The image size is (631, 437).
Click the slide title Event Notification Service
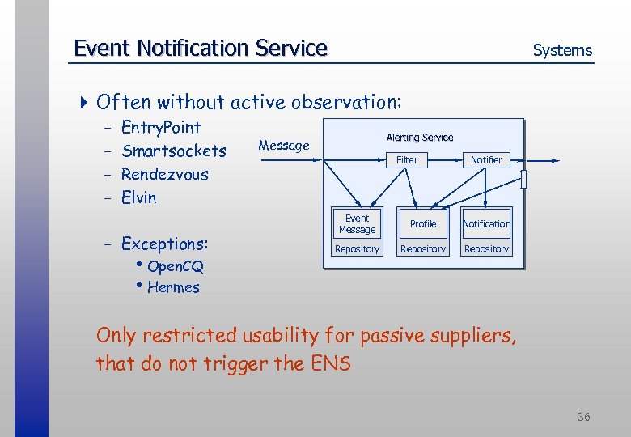click(x=200, y=49)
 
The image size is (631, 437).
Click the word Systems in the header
click(x=562, y=50)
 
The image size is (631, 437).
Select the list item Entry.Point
click(x=160, y=127)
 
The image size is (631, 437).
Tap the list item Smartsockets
click(x=173, y=151)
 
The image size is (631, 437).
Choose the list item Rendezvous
click(x=164, y=174)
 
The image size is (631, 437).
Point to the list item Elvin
click(x=138, y=197)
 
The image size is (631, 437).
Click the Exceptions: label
click(x=164, y=244)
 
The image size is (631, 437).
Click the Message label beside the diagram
click(x=283, y=146)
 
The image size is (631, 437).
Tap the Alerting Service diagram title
click(x=419, y=138)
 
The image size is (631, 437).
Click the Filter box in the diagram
click(x=407, y=160)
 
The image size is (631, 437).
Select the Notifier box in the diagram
click(x=486, y=160)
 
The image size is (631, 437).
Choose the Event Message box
click(x=357, y=224)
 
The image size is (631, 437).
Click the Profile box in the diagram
click(x=422, y=224)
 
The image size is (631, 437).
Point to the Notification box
click(x=486, y=224)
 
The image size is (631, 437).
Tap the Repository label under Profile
click(x=422, y=249)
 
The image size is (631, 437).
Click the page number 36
click(x=583, y=417)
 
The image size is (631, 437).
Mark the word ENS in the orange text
click(x=330, y=364)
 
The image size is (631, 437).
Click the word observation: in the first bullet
click(x=353, y=102)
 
